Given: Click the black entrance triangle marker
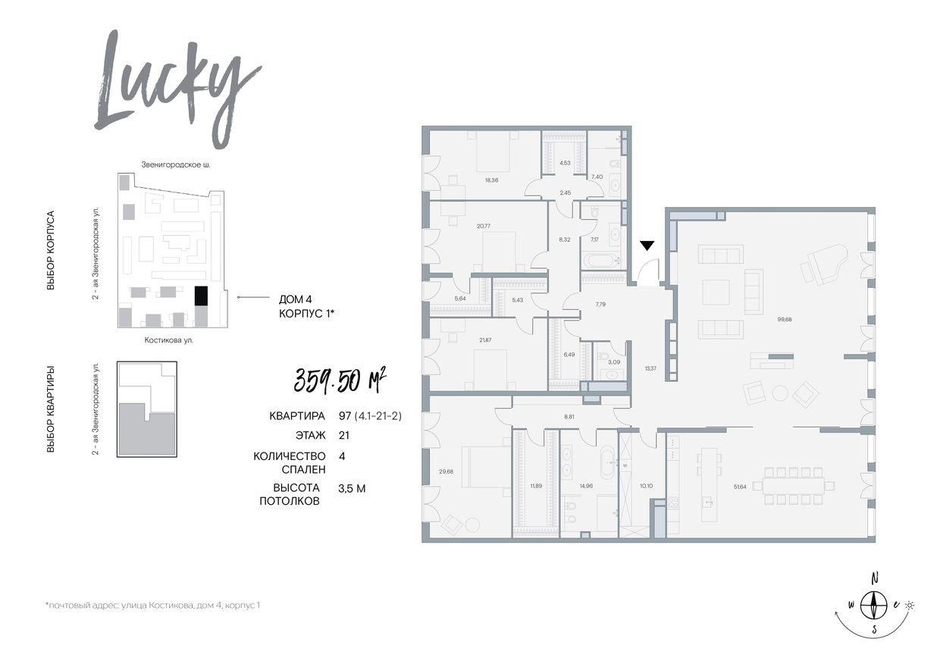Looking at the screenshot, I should coord(647,246).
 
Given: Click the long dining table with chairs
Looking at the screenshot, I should coord(798,485).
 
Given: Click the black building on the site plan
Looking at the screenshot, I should coord(201,296).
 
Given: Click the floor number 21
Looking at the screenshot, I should coord(344,435).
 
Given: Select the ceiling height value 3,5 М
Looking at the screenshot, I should coord(352,488).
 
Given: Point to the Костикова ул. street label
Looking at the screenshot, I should coord(168,340).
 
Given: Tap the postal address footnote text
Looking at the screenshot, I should coord(152,606).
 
